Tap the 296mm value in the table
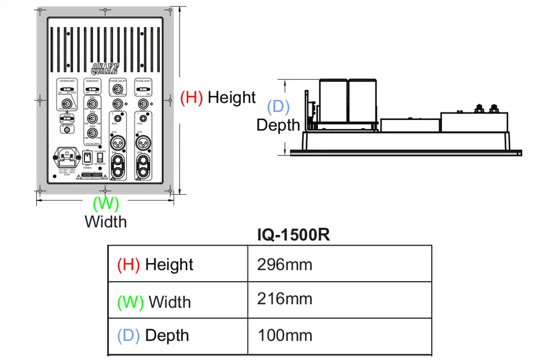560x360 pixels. coord(284,264)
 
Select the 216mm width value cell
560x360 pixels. coord(284,298)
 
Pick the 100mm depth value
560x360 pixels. coord(284,335)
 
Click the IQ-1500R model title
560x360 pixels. coord(294,235)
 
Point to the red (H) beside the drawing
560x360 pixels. coord(192,97)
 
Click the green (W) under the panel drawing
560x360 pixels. coord(106,203)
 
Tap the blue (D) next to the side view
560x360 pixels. coord(278,107)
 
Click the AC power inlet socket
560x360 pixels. coord(65,156)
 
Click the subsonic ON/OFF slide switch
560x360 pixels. coord(92,91)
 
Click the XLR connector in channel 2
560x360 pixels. coord(117,141)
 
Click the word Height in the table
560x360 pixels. coord(169,265)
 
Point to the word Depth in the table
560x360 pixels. coord(167,336)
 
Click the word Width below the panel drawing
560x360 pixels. coord(106,222)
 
